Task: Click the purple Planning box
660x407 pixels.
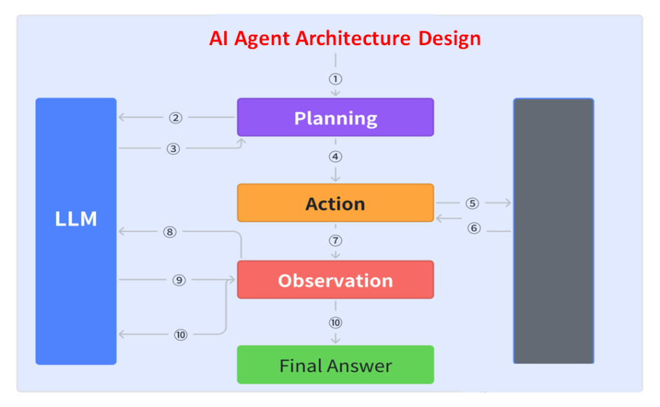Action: [335, 117]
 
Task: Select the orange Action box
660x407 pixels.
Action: [335, 203]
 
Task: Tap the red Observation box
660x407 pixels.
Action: [335, 280]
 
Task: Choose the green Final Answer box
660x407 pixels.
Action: [335, 365]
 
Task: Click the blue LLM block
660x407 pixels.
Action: [76, 231]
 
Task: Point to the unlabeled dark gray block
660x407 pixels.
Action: [553, 231]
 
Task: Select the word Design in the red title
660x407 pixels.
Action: [449, 39]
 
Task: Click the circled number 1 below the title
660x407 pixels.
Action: [335, 79]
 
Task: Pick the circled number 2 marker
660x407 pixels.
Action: [176, 118]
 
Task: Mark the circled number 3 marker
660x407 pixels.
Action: [173, 149]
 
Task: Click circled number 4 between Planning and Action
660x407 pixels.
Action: [335, 156]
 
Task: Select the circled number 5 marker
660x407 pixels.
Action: [472, 203]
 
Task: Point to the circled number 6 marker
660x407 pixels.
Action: [474, 228]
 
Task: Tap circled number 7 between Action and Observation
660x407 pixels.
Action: [335, 241]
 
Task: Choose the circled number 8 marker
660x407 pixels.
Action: [170, 232]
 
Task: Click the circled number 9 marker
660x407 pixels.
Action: [179, 280]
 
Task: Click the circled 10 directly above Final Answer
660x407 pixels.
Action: [335, 323]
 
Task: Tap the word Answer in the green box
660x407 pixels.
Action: [365, 366]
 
